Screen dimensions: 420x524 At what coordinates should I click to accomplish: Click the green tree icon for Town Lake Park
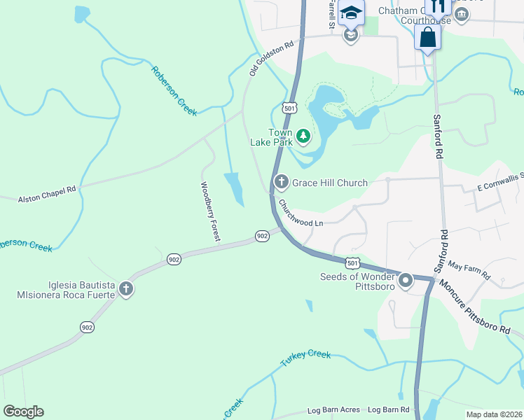(303, 136)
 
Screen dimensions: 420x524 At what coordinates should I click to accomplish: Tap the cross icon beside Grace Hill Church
(281, 183)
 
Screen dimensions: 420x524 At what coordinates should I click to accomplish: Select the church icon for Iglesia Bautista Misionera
(125, 289)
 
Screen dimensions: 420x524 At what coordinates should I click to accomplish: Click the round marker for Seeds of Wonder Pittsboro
(406, 281)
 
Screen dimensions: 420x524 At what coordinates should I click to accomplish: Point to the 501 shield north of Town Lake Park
(289, 108)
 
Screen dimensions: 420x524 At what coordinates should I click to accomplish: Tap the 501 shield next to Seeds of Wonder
(352, 262)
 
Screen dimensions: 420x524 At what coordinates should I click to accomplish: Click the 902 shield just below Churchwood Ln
(262, 236)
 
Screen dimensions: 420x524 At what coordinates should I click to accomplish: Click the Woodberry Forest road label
(209, 212)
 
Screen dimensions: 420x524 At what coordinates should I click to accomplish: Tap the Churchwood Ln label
(301, 215)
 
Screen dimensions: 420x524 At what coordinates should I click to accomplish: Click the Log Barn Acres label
(334, 409)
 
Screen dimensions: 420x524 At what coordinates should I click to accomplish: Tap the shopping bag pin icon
(427, 38)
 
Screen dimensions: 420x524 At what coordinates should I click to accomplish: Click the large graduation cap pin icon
(351, 13)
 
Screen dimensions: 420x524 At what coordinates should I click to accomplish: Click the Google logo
(23, 412)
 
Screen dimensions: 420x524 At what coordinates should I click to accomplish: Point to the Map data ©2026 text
(494, 414)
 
